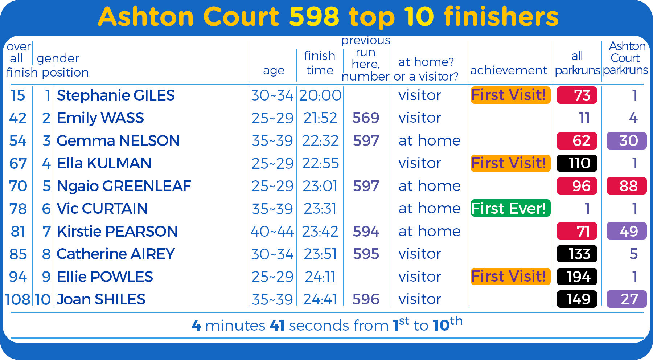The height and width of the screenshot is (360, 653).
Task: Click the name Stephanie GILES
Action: coord(116,95)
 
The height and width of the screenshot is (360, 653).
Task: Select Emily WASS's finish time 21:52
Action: coord(320,118)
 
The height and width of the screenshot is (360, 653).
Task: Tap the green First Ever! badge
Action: coord(510,208)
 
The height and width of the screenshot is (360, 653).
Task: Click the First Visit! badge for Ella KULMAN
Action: coord(510,163)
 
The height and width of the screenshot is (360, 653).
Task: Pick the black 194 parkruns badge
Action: coord(577,277)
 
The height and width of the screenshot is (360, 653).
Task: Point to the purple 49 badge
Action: coord(627,231)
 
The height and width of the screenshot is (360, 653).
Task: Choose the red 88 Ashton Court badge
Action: coord(627,186)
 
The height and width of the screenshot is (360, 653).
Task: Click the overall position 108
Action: coord(17,299)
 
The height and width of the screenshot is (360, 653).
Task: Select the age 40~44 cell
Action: coord(272,231)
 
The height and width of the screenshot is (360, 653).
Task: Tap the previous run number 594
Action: coord(366,231)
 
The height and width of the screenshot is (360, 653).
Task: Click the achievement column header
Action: coord(509,70)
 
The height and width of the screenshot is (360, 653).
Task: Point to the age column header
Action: coord(274,70)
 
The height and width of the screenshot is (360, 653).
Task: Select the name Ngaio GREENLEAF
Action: coord(124,186)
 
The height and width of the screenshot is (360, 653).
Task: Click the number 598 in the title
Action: coord(314,17)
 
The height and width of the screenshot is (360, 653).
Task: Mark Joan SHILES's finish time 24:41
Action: coord(320,299)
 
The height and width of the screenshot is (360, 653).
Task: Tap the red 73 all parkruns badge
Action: coord(577,95)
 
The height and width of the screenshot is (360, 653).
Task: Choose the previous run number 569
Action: coord(366,118)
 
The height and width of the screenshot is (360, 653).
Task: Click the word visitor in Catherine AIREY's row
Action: coord(420,254)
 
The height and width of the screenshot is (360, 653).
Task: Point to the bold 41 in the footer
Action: coord(277,326)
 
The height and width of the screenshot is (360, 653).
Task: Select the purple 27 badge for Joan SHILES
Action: coord(627,299)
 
